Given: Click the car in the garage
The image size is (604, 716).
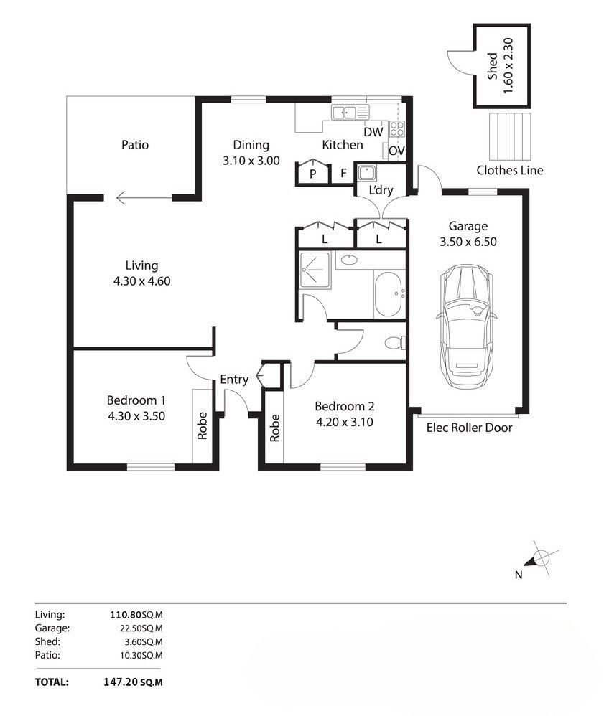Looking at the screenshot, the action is (x=466, y=327).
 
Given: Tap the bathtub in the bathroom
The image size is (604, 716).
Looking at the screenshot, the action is (x=389, y=295).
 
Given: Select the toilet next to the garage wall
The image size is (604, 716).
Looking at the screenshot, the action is (x=395, y=342).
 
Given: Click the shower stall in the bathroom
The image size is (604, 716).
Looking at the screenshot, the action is (x=315, y=270).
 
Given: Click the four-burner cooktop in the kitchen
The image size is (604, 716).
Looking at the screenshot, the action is (x=397, y=128).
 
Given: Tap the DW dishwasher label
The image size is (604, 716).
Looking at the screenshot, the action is (x=373, y=132).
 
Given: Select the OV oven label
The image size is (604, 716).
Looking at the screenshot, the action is (x=396, y=150).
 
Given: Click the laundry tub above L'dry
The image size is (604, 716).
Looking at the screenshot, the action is (x=367, y=173).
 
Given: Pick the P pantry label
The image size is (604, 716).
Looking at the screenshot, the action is (x=312, y=174).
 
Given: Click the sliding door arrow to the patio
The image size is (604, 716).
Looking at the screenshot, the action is (x=144, y=198).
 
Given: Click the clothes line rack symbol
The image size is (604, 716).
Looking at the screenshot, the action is (x=510, y=136).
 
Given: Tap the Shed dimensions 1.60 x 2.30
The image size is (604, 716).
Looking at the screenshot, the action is (x=508, y=66).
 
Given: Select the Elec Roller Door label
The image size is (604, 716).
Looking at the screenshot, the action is (x=469, y=428).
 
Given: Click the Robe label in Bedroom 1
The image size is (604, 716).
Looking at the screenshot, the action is (x=202, y=425).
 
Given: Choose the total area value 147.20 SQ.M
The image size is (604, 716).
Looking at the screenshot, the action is (x=133, y=682).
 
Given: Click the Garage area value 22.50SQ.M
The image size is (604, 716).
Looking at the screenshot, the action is (x=141, y=628).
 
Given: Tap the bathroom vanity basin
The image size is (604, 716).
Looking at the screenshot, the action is (x=349, y=260).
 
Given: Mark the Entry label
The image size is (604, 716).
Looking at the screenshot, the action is (x=234, y=380).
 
